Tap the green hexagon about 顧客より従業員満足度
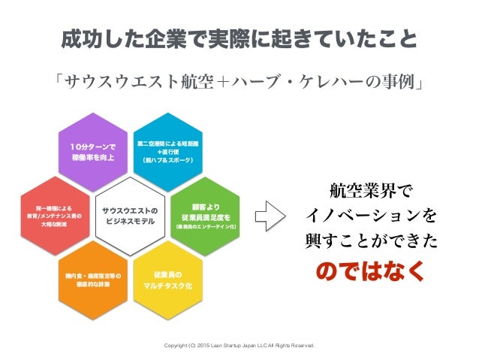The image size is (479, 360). pos(204,214)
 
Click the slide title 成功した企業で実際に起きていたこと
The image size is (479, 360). pos(239,38)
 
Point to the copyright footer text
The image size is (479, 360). pos(239,346)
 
